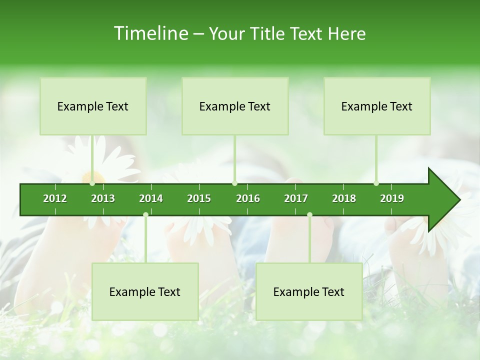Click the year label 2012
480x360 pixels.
coord(55,198)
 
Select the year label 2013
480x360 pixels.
coord(103,198)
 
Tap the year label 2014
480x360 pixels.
coord(151,198)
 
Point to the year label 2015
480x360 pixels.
coord(199,198)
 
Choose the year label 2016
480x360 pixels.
coord(248,198)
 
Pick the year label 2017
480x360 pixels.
coord(296,198)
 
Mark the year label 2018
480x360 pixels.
coord(344,198)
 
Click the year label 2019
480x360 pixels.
coord(392,198)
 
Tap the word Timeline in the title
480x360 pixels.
coord(150,33)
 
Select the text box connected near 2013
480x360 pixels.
coord(93,106)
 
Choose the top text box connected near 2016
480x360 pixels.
coord(235,106)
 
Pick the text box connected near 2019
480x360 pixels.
coord(377,106)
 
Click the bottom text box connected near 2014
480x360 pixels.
coord(145,291)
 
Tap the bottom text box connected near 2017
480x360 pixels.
coord(309,291)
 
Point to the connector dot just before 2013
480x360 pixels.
coord(92,183)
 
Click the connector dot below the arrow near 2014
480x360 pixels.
coord(145,214)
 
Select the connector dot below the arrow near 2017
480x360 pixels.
coord(309,214)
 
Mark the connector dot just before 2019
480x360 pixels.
coord(376,183)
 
